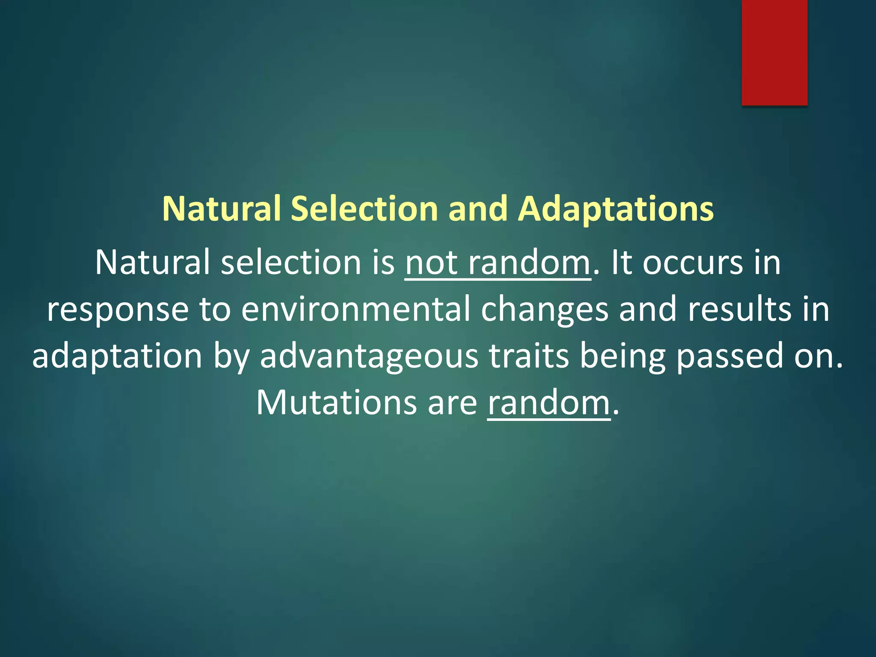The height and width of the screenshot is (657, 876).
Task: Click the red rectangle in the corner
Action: click(774, 52)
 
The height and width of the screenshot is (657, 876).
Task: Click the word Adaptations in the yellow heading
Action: click(616, 209)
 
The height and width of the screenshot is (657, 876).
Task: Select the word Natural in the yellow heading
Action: click(221, 209)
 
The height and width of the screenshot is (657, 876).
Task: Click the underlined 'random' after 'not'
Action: click(529, 263)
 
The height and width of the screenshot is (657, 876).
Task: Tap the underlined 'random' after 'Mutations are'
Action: click(549, 403)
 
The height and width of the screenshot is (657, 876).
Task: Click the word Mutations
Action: click(336, 403)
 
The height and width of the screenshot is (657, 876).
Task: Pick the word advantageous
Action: click(369, 356)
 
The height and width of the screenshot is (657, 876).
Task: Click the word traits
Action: click(529, 356)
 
